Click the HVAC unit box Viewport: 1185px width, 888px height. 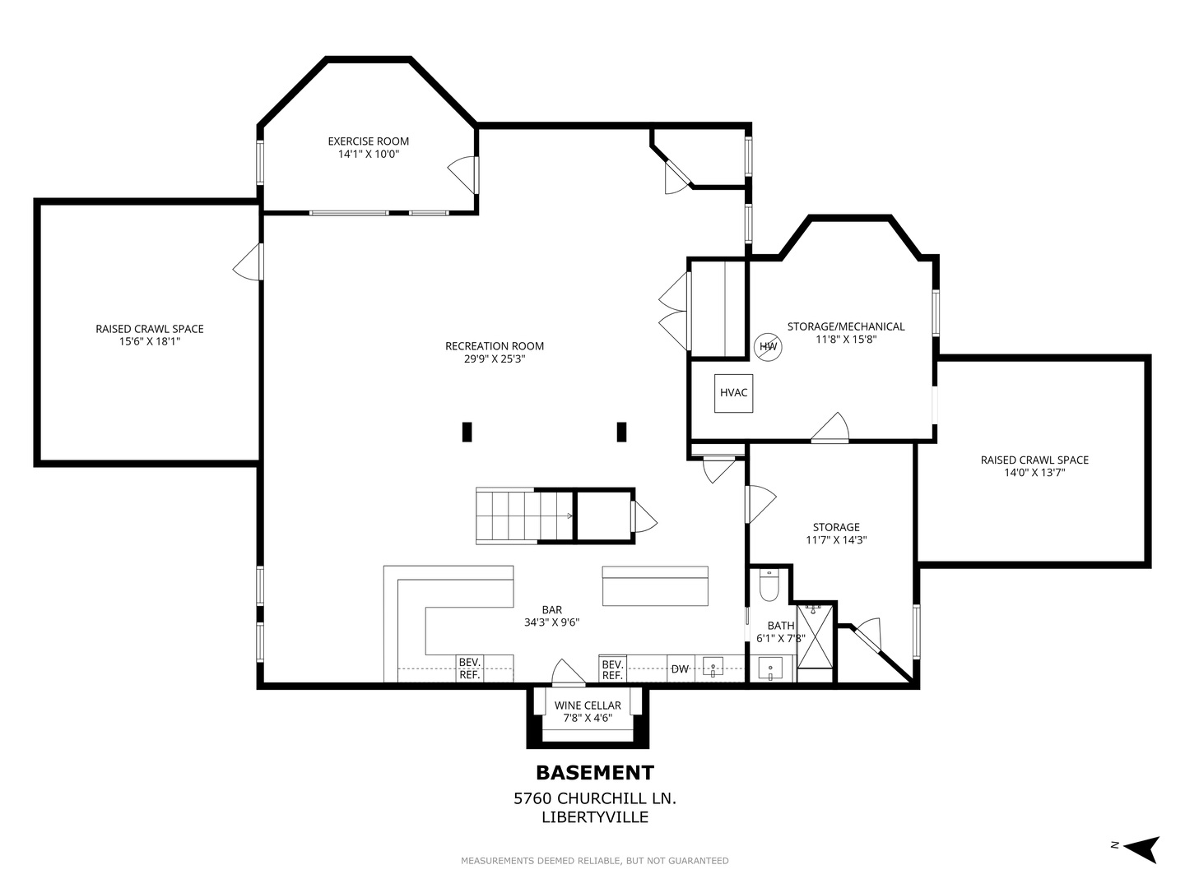(733, 393)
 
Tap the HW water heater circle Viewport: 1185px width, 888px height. (768, 347)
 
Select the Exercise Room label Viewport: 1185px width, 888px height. (368, 141)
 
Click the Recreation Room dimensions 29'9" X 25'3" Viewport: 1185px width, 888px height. (495, 359)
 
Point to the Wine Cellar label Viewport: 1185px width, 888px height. (588, 705)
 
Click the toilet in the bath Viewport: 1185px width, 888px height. (769, 585)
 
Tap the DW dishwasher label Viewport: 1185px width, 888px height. (680, 669)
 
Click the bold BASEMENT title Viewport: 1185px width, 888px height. (595, 773)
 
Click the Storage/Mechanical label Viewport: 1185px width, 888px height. (845, 326)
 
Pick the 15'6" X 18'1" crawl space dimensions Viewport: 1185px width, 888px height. (150, 342)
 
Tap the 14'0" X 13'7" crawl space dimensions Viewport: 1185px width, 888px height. (1034, 473)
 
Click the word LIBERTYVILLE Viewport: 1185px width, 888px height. (595, 817)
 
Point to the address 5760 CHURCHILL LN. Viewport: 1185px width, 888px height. (595, 798)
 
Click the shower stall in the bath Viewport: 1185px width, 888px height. (816, 636)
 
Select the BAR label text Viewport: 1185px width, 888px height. (551, 610)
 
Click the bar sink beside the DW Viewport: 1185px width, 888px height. (713, 667)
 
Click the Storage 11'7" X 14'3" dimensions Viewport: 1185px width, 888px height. (836, 540)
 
